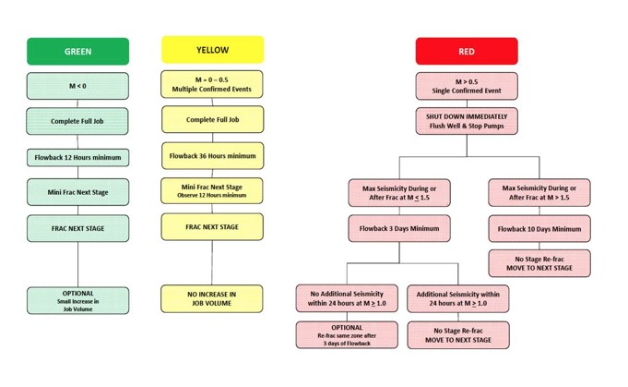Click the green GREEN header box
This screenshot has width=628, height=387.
coord(77,51)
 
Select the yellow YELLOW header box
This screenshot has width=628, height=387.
coord(212,50)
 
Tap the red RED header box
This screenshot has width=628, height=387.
coord(466,51)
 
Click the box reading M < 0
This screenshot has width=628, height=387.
coord(77,86)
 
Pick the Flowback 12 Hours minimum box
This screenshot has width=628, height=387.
coord(77,157)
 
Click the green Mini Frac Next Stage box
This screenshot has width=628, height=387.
coord(77,193)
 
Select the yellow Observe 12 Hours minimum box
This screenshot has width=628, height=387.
coord(212,190)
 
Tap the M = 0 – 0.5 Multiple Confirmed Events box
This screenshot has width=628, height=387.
coord(212,84)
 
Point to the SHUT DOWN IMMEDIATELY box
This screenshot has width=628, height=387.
coord(466,121)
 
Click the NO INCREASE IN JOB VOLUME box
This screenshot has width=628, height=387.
coord(212,296)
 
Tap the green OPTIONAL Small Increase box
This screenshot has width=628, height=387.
coord(77,298)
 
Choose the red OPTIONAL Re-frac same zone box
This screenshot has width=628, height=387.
coord(347,334)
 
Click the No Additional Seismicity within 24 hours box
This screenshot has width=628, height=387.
coord(347,298)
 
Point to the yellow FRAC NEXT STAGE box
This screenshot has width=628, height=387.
coord(212,226)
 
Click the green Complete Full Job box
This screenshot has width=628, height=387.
coord(77,121)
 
